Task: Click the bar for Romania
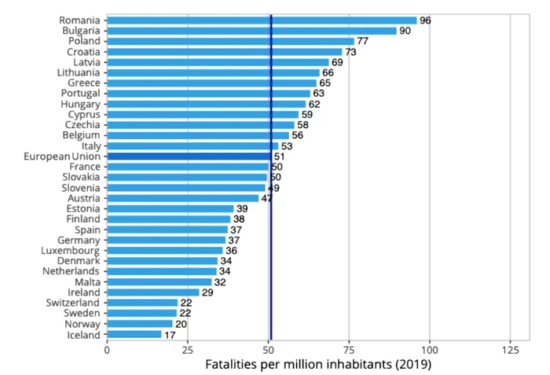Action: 262,20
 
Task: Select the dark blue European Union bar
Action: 189,156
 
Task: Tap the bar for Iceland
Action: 134,334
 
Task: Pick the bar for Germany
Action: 167,240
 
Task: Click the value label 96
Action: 425,20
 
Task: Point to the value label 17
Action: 170,335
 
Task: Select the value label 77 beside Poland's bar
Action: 363,41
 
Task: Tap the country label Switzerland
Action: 73,303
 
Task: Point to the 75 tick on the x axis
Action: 349,350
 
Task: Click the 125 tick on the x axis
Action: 510,350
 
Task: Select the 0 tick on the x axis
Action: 107,350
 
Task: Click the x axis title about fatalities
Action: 318,365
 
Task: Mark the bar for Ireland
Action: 153,292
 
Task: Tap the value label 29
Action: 208,292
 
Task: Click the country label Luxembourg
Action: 71,251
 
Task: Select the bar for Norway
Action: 140,324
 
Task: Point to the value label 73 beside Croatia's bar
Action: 350,52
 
